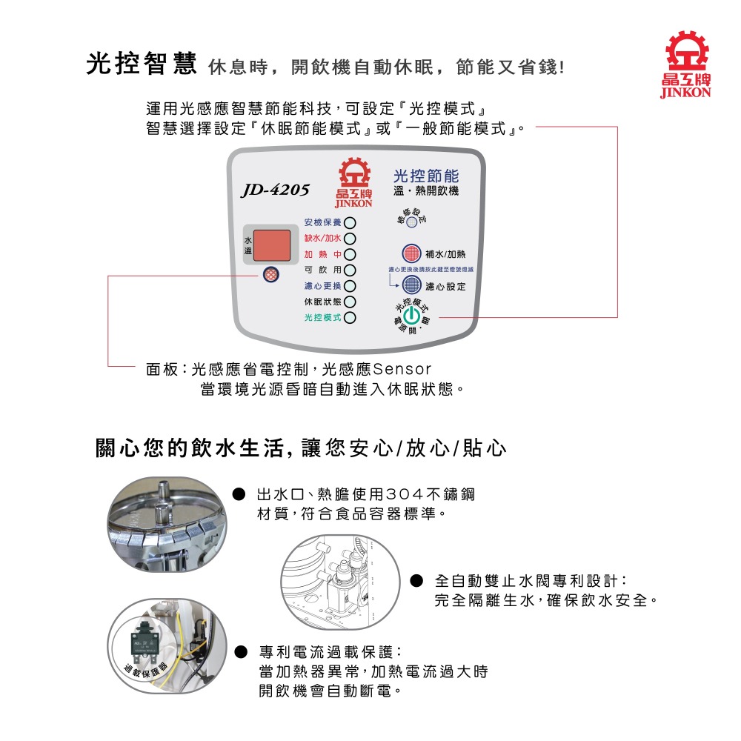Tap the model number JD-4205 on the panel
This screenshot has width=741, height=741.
275,190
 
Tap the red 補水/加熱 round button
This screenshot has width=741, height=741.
411,253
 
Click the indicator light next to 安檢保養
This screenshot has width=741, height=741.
350,223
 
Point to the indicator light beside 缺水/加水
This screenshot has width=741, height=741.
350,239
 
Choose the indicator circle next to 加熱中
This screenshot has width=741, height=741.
350,254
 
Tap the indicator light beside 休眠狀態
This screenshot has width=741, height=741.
350,302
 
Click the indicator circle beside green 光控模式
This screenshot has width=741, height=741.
350,317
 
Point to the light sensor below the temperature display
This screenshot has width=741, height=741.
272,274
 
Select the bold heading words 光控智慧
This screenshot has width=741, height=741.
140,65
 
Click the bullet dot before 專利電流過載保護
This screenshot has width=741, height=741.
240,653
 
